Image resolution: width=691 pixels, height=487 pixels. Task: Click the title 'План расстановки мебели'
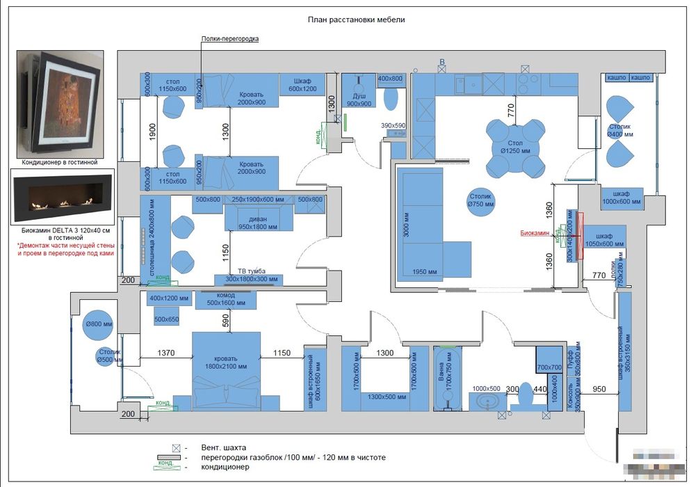[356, 20]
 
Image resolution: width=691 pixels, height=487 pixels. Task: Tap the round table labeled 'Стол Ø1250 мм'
[515, 146]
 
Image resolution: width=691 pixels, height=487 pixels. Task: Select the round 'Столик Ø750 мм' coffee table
[480, 200]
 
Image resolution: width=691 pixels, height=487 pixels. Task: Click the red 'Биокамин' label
[536, 234]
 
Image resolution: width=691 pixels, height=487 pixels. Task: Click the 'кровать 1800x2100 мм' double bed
[226, 366]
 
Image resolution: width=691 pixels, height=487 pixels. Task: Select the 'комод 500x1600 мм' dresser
[226, 300]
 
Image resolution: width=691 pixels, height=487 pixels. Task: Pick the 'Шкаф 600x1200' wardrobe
[302, 84]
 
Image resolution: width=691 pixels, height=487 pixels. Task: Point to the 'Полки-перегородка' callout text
[229, 39]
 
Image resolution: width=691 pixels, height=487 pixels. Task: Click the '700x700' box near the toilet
[548, 367]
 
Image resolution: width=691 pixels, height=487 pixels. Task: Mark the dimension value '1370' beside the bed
[165, 353]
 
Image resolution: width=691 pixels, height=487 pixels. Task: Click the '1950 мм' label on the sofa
[423, 271]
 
